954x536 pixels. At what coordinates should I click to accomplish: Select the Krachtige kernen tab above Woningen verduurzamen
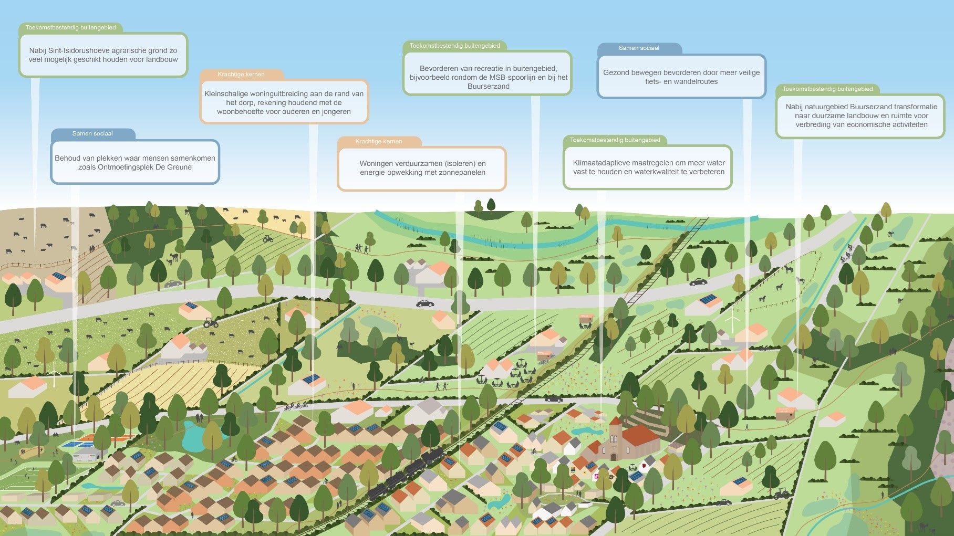(379, 141)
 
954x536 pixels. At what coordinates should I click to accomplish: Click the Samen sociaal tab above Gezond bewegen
(639, 48)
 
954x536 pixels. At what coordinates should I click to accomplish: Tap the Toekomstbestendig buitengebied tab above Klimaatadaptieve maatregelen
(615, 140)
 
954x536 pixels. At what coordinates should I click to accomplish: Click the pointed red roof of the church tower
(616, 420)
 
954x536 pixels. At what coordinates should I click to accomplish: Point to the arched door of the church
(614, 456)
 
